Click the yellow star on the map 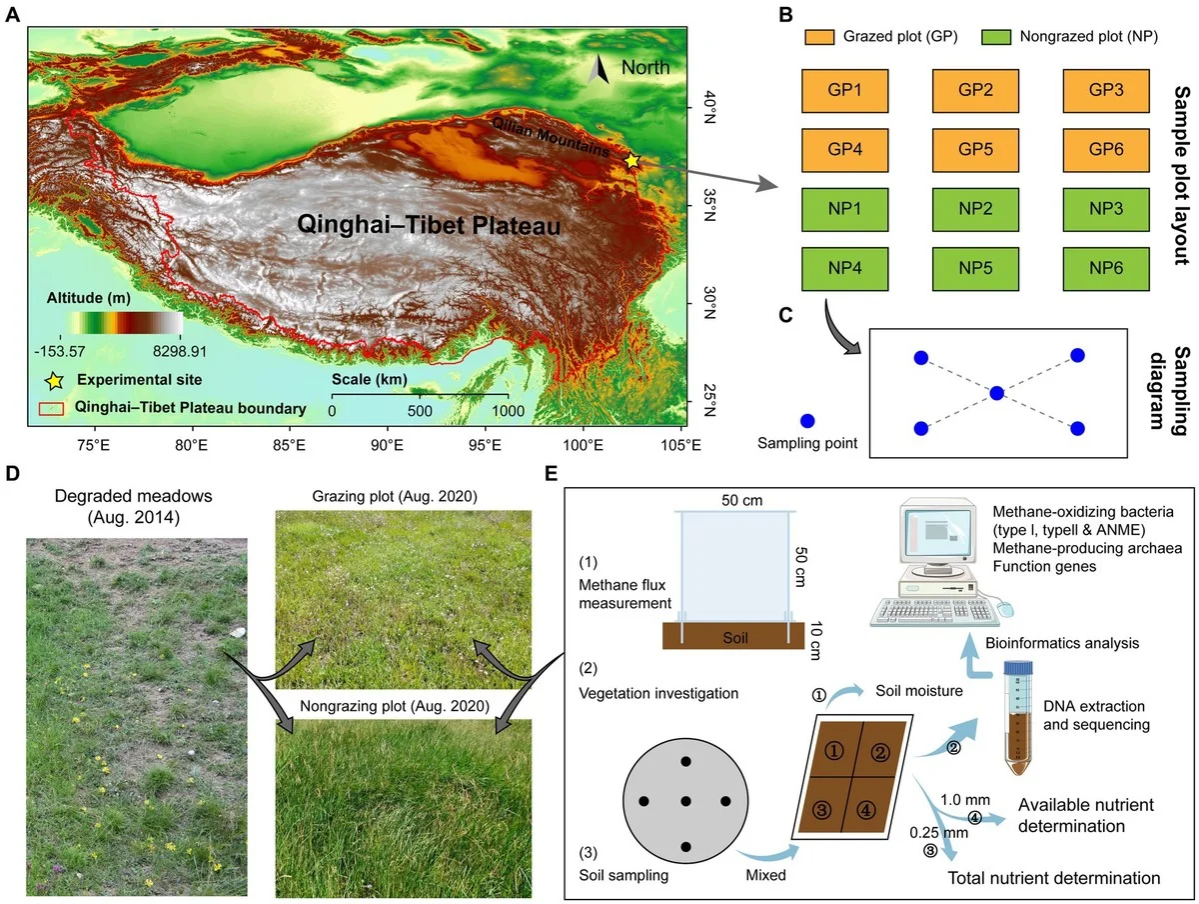coord(631,159)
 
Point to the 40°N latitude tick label coord(707,103)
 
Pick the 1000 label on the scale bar coord(507,411)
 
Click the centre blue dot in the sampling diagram coord(996,393)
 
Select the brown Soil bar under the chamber coord(733,636)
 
